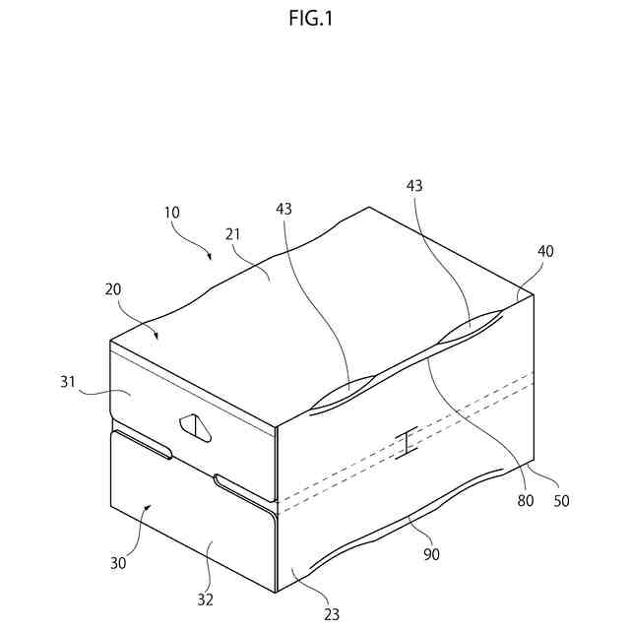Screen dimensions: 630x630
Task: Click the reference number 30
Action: (x=117, y=563)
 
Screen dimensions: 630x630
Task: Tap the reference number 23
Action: (x=332, y=613)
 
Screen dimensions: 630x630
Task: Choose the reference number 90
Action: (x=430, y=555)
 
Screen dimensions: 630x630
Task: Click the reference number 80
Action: (x=526, y=500)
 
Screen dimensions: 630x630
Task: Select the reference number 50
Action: (x=561, y=500)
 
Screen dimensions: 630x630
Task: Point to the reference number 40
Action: (x=545, y=251)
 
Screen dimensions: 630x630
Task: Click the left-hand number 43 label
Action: (x=284, y=209)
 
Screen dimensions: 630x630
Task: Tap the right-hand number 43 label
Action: (x=414, y=186)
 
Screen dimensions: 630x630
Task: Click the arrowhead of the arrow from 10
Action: (x=209, y=258)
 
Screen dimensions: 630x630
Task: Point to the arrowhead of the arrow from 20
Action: (x=157, y=337)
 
